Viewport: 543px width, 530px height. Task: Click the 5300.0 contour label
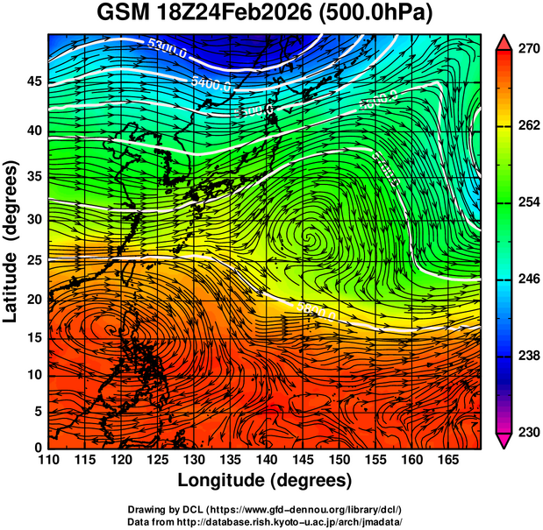click(167, 47)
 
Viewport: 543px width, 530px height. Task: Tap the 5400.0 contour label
click(211, 85)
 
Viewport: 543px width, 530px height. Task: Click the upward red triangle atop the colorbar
click(505, 41)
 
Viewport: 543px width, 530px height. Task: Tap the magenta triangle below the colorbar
click(505, 442)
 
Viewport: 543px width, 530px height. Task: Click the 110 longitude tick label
click(48, 460)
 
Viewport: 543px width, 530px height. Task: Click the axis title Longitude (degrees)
click(265, 480)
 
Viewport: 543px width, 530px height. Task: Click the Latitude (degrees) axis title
click(11, 243)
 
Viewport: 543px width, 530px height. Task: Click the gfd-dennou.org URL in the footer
click(303, 509)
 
